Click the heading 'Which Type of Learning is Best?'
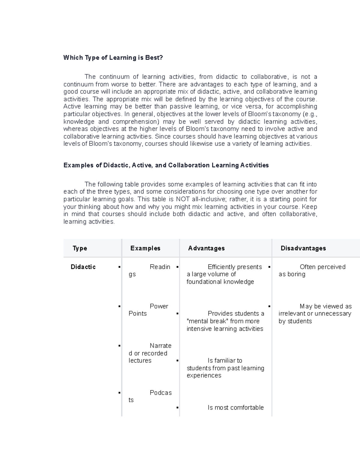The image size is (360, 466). pos(113,58)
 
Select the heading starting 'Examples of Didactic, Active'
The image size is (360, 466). pos(166,165)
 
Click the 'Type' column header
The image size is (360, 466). pos(80,248)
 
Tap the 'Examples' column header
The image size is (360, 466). pos(145,248)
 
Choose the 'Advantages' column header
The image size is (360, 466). pos(206,248)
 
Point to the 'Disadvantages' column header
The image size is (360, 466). pos(303,248)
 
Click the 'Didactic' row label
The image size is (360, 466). pos(83,267)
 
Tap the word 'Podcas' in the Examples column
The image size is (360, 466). pos(160,393)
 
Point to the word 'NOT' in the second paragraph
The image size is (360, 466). pos(183,199)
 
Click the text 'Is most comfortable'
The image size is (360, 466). pos(235,407)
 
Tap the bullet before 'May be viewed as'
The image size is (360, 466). pos(269,306)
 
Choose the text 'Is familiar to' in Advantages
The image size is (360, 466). pos(225,360)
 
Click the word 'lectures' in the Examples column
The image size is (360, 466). pos(140,361)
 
